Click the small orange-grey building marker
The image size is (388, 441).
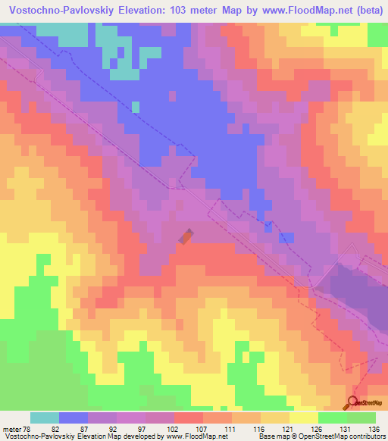[186, 237]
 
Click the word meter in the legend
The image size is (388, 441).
[11, 428]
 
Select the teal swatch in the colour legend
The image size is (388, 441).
[45, 418]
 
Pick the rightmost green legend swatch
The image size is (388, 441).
[362, 418]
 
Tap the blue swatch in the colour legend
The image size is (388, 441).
[74, 418]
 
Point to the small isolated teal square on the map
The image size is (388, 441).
[136, 107]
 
